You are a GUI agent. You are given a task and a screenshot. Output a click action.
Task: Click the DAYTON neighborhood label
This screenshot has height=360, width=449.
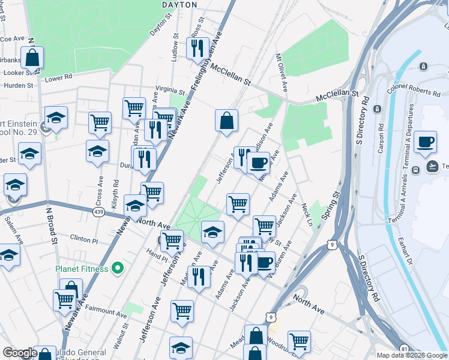click(x=179, y=4)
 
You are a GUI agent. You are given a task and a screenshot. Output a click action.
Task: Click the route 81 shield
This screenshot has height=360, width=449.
click(x=404, y=349)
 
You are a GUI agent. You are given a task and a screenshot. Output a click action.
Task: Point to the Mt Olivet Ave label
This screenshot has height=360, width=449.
click(x=280, y=68)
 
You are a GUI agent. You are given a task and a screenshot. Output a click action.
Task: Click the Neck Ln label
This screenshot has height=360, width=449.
click(x=307, y=213)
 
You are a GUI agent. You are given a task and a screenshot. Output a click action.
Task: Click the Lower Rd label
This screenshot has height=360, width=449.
click(x=58, y=77)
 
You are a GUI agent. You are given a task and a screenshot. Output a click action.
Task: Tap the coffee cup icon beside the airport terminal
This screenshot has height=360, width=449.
click(x=425, y=142)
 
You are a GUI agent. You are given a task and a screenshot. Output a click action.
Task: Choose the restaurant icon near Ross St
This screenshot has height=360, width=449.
click(x=197, y=47)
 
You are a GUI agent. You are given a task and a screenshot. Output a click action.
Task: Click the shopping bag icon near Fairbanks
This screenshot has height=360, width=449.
click(x=32, y=58)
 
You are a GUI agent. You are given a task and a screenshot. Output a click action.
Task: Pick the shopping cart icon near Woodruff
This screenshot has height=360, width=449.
click(x=298, y=341)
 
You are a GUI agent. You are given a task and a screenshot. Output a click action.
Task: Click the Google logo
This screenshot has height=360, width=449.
click(x=20, y=353)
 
